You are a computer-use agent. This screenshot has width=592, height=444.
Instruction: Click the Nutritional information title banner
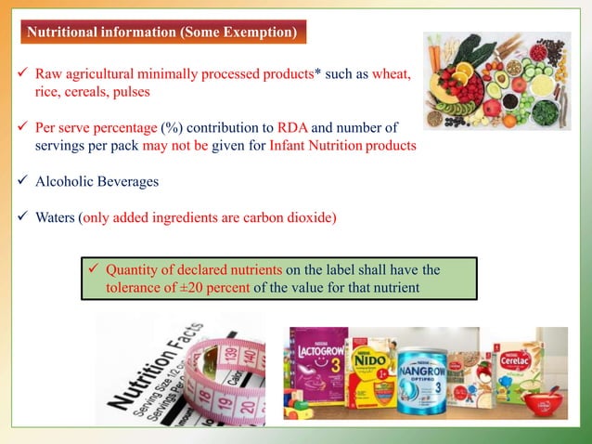point(162,33)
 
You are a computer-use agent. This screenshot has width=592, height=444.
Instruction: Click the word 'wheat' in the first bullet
point(391,72)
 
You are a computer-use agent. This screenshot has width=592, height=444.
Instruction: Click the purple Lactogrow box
point(318,367)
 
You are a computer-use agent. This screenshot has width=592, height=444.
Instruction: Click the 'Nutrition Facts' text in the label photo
point(148,367)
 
